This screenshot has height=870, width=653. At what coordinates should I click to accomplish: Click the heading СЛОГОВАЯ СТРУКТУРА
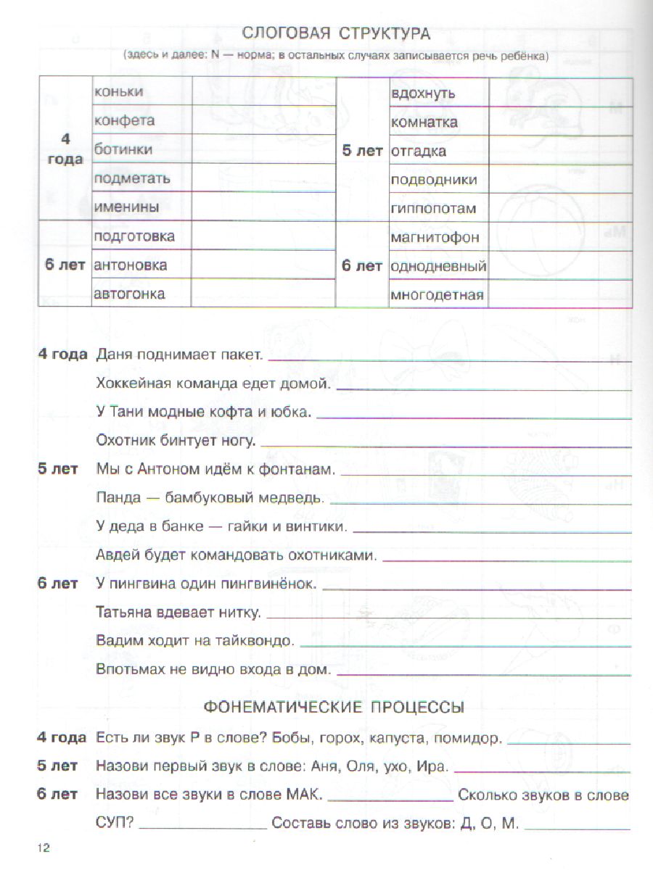[336, 33]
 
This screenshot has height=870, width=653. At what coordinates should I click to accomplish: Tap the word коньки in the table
[119, 91]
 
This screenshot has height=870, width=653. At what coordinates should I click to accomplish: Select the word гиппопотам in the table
[433, 209]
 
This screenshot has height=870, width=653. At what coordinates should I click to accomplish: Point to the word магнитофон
[433, 237]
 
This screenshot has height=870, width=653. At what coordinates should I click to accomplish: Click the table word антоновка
[131, 265]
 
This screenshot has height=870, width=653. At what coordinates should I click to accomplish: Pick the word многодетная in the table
[437, 295]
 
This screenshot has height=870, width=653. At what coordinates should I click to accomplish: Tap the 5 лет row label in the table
[362, 152]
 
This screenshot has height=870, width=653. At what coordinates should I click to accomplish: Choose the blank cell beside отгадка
[559, 152]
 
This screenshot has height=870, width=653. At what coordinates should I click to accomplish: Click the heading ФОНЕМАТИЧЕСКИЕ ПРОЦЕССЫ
[334, 707]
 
